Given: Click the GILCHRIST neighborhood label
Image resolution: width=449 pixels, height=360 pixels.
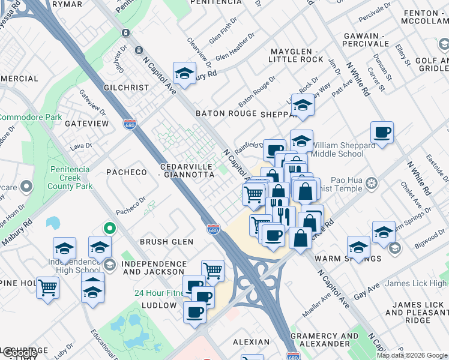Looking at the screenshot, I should [x=125, y=88].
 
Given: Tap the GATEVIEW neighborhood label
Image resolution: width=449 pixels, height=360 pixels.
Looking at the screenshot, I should [x=86, y=124].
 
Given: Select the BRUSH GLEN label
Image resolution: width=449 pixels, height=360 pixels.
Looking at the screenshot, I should [x=166, y=242].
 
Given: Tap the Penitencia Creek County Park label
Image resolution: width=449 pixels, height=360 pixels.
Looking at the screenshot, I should [x=71, y=178].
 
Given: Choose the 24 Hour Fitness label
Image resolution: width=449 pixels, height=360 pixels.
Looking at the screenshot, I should [x=158, y=293].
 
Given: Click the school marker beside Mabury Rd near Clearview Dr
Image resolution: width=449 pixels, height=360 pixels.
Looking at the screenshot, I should [x=184, y=74].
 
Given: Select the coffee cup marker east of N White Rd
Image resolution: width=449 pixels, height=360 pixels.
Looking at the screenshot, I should [x=382, y=132].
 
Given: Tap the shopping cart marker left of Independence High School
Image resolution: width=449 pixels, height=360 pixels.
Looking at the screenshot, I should [x=47, y=287].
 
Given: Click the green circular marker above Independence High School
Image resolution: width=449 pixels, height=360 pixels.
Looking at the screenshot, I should [x=109, y=228].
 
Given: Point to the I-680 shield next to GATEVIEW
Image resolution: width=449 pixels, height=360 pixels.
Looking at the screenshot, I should [x=129, y=124].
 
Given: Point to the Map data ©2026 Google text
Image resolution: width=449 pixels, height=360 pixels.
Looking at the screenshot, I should [x=412, y=355].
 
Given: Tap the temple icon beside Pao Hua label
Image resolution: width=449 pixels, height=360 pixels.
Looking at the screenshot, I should [x=372, y=182].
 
